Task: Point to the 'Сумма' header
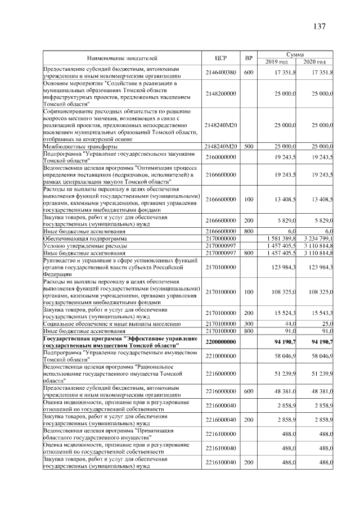(296, 53)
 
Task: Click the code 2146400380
(220, 73)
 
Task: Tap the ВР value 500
(249, 146)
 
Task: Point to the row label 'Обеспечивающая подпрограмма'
(84, 239)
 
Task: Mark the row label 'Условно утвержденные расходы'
(84, 246)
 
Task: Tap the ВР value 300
(249, 324)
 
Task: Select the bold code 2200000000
(220, 341)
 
